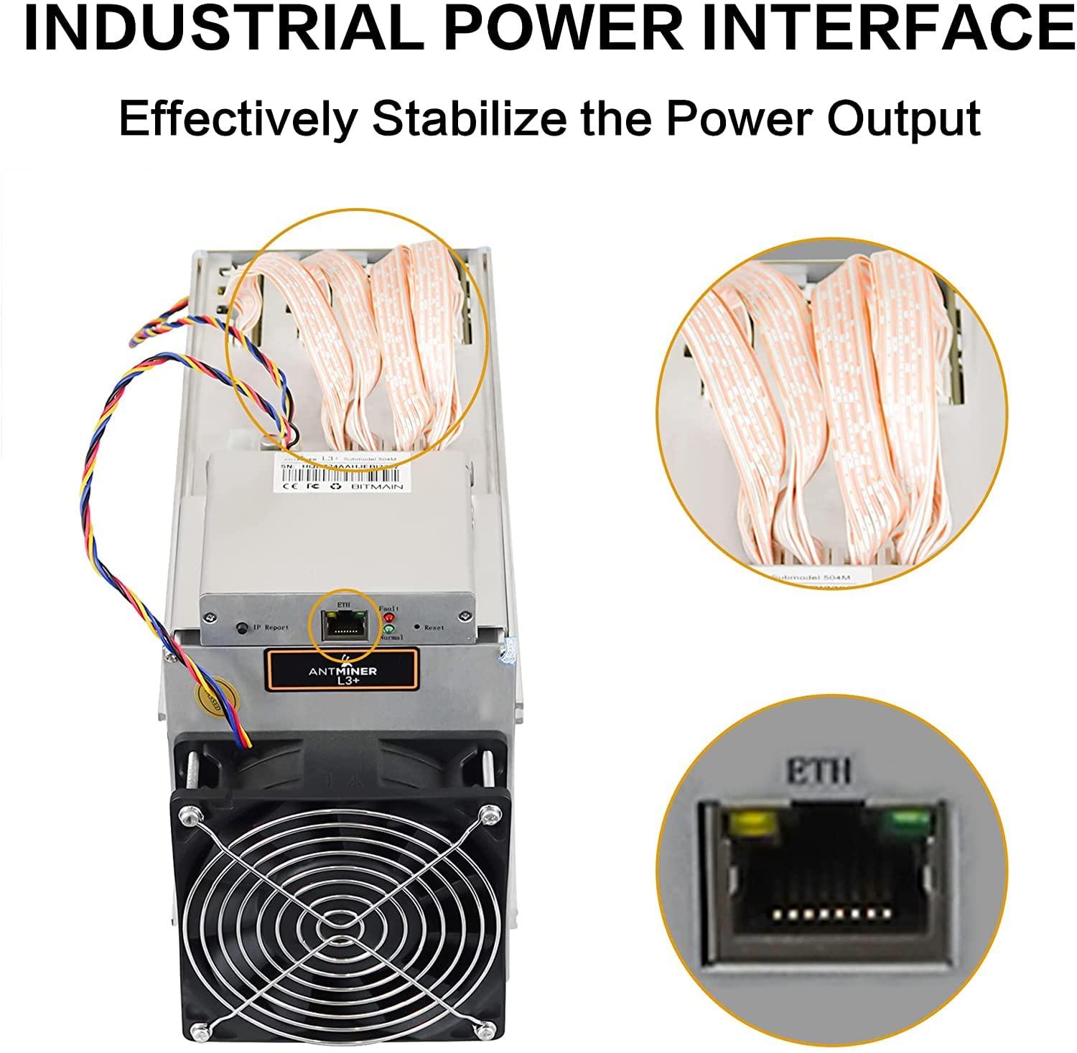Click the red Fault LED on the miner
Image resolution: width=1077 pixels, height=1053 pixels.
coord(389,617)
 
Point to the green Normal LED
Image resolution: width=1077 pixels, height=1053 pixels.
coord(389,630)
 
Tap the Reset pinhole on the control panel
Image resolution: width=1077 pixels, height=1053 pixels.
coord(416,626)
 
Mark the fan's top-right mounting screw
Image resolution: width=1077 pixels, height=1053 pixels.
coord(491,813)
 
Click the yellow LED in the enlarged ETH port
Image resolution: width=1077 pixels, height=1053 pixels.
coord(752,824)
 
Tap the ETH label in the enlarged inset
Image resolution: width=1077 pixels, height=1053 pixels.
coord(819,772)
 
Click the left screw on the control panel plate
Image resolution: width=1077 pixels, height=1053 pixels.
coord(210,616)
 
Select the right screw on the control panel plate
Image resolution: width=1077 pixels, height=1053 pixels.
coord(467,615)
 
